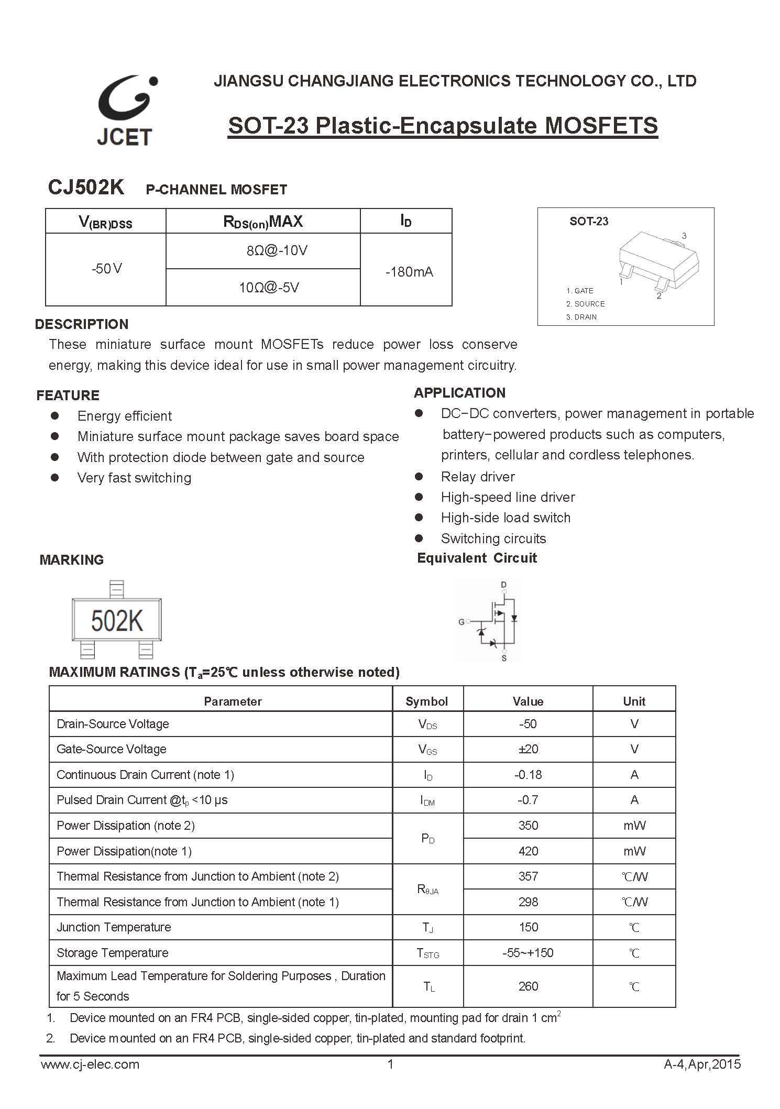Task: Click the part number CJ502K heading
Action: [x=86, y=187]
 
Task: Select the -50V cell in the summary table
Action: [x=106, y=269]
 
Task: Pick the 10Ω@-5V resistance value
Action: [x=269, y=287]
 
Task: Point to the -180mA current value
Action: [x=409, y=272]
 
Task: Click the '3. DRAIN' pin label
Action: [x=581, y=317]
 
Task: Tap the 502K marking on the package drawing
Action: [x=117, y=621]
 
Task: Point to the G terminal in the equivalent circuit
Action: [x=462, y=622]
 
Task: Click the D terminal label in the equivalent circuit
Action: [x=504, y=585]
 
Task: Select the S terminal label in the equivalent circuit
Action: [x=504, y=658]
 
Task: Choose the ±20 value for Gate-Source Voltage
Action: [x=528, y=749]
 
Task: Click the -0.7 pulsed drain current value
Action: [x=528, y=800]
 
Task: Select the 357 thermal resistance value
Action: [x=528, y=876]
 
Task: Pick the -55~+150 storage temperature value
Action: [x=528, y=953]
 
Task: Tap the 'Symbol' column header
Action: [x=427, y=701]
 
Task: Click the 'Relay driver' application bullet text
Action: [x=478, y=477]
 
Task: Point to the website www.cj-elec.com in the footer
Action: [x=90, y=1064]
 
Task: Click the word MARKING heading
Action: [x=72, y=559]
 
